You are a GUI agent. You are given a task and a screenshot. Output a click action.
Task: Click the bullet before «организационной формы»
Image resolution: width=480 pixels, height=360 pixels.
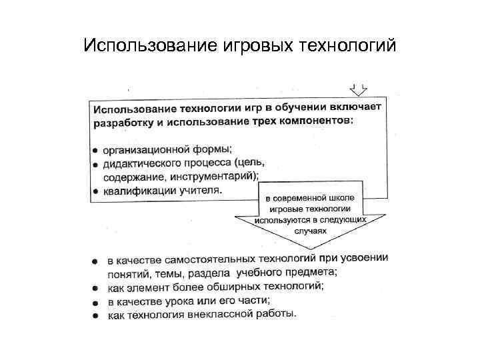pyautogui.click(x=96, y=151)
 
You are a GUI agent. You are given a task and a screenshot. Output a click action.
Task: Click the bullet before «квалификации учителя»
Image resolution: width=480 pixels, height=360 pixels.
pyautogui.click(x=96, y=191)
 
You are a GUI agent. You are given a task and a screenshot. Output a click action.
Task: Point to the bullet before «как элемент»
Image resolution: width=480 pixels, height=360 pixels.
pyautogui.click(x=96, y=289)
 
